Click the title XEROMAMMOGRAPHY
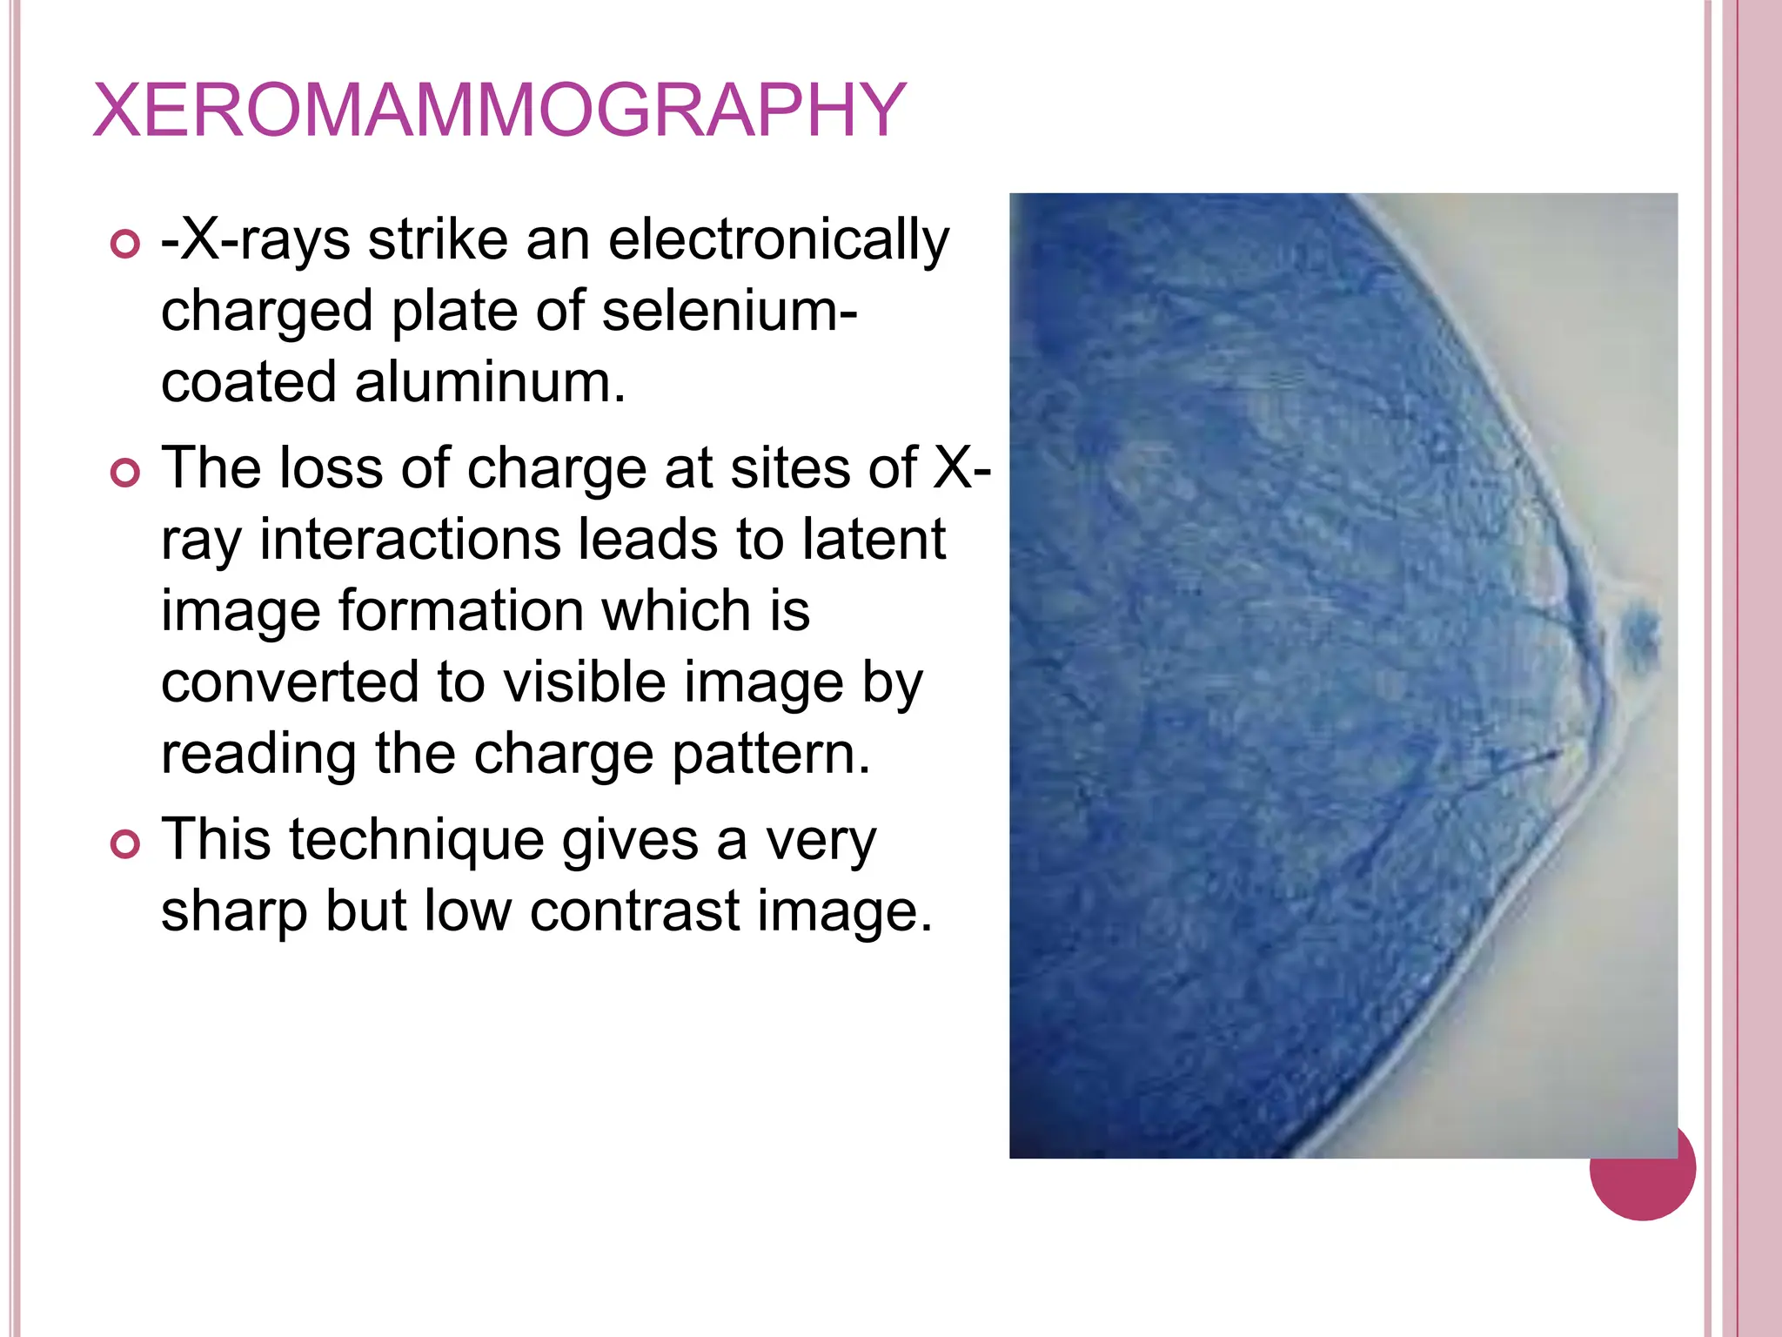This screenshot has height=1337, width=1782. (499, 111)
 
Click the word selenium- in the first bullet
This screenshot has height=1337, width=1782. (729, 311)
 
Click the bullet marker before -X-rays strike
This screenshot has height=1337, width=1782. (125, 245)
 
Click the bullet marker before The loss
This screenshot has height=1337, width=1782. (125, 474)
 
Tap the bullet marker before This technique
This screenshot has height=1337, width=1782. (125, 844)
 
